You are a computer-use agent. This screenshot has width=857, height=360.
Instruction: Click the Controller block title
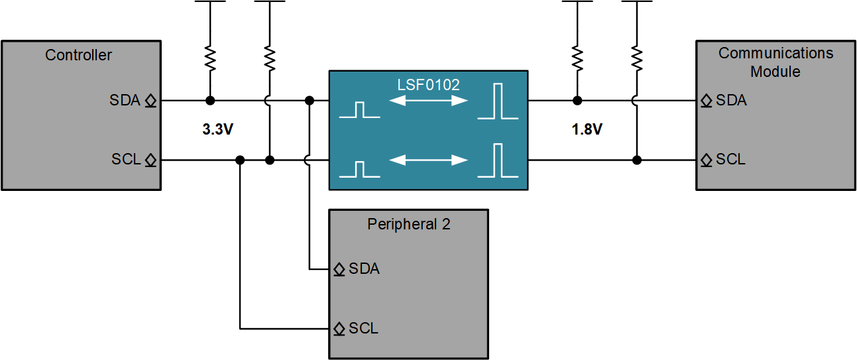point(78,55)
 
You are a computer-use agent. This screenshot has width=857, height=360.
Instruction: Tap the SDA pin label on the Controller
point(125,101)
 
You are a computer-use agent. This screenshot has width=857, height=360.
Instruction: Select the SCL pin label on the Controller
point(126,160)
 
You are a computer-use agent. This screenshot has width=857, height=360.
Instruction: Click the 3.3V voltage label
point(218,130)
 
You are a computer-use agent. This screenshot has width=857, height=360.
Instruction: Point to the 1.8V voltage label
point(587,130)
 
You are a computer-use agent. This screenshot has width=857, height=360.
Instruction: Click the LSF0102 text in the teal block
point(428,85)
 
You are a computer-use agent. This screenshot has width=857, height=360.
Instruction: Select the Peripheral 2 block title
point(408,224)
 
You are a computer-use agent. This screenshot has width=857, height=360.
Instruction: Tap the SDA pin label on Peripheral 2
point(364,269)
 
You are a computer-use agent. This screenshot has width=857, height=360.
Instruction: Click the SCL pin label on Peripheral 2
point(363,328)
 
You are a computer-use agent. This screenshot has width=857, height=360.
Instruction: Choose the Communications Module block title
point(775,62)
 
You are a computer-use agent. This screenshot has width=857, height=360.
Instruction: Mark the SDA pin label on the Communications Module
point(731,101)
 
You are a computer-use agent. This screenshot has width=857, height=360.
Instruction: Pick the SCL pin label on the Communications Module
point(730,160)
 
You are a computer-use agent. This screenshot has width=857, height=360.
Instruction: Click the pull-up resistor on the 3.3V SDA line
point(210,59)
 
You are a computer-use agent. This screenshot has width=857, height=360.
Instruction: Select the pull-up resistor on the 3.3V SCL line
point(270,59)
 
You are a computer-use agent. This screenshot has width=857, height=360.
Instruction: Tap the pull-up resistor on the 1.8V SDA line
point(577,59)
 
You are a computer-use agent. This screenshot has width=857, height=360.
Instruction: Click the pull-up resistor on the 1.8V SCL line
point(637,59)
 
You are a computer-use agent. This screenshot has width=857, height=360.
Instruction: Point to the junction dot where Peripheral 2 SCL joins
point(240,160)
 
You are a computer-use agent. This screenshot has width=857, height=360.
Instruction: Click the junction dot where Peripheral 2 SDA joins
point(309,101)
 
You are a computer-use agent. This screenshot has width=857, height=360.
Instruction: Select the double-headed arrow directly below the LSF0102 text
point(428,101)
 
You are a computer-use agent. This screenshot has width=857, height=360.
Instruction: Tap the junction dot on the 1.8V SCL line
point(637,160)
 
